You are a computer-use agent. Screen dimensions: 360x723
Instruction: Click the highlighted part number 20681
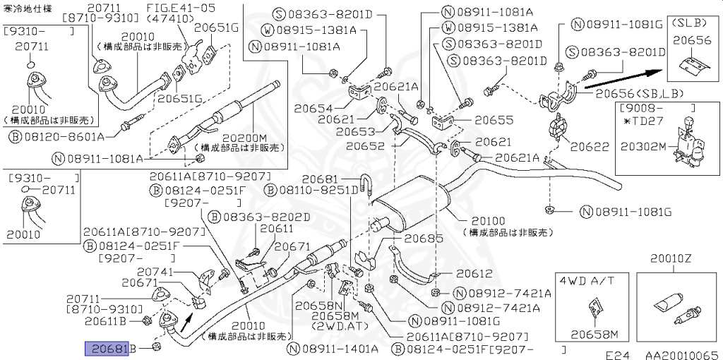pyautogui.click(x=107, y=349)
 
